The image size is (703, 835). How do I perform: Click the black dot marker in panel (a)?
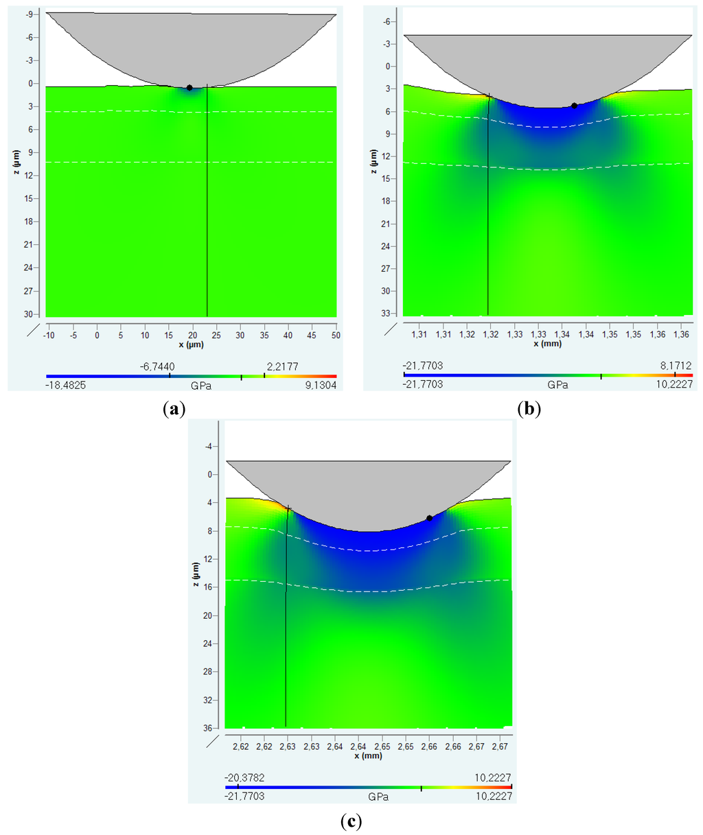(189, 88)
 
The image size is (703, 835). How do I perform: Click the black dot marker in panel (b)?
(574, 106)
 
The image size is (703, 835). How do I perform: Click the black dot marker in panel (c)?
(429, 518)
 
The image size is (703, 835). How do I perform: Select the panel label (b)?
(529, 410)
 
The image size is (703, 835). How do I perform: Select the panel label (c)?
(351, 821)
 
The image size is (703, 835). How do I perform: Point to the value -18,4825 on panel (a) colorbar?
(66, 386)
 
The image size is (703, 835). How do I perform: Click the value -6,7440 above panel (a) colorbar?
(157, 367)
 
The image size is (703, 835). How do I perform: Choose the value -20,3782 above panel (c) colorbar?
(244, 777)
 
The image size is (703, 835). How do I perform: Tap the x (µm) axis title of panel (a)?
(191, 344)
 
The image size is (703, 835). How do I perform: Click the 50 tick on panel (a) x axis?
(336, 335)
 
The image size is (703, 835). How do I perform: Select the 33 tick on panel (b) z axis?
(387, 314)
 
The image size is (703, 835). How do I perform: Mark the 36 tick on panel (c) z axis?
(207, 728)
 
